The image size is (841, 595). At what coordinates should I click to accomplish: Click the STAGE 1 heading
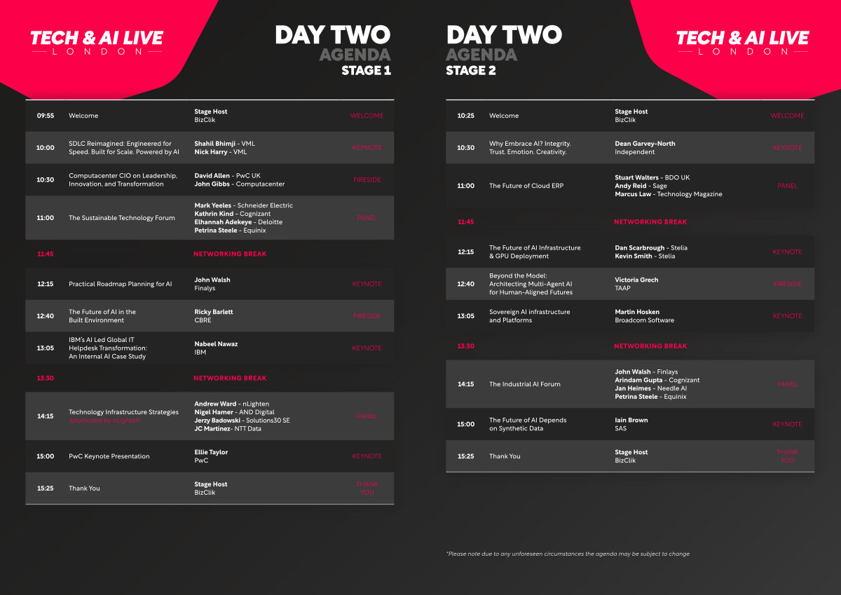point(366,71)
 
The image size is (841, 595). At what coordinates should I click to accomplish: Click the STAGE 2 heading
point(471,71)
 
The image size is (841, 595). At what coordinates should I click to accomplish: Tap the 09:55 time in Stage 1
point(46,116)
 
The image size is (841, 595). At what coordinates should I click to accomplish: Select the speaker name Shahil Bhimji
point(214,144)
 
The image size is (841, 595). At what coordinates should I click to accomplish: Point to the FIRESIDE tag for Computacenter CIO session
point(367,180)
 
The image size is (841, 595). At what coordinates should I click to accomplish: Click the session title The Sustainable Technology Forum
point(122,218)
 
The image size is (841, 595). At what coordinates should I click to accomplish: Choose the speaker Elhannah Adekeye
point(223,222)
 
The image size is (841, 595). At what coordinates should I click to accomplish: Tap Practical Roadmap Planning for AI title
point(120,284)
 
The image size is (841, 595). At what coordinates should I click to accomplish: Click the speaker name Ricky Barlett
point(214,312)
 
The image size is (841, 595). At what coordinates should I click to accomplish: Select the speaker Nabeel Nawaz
point(216,344)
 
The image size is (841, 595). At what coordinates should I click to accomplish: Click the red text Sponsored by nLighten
point(104,420)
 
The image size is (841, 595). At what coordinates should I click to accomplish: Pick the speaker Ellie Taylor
point(211,452)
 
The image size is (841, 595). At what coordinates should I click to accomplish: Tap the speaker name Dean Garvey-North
point(645,144)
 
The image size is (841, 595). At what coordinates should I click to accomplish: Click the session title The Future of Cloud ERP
point(526,186)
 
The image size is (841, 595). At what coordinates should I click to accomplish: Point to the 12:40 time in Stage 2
point(465,284)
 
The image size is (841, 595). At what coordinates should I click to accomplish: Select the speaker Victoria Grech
point(636,280)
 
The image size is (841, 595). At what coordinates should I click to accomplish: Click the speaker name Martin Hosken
point(637,312)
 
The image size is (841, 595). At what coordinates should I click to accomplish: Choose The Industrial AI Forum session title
point(524,384)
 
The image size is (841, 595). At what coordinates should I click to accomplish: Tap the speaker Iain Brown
point(631,420)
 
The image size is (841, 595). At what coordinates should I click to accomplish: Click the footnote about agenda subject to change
point(568,554)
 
